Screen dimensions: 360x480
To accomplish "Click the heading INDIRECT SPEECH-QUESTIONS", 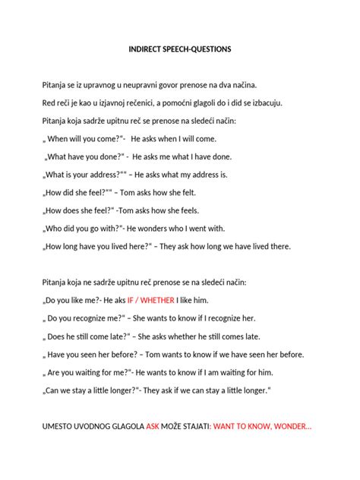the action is click(180, 49).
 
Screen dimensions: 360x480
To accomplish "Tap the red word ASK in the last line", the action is click(153, 426).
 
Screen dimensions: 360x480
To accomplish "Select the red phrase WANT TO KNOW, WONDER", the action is click(263, 426).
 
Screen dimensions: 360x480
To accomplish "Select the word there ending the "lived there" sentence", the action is click(278, 247).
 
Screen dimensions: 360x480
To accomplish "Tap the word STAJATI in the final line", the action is click(194, 426).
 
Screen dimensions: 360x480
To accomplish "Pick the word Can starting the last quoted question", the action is click(54, 391).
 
